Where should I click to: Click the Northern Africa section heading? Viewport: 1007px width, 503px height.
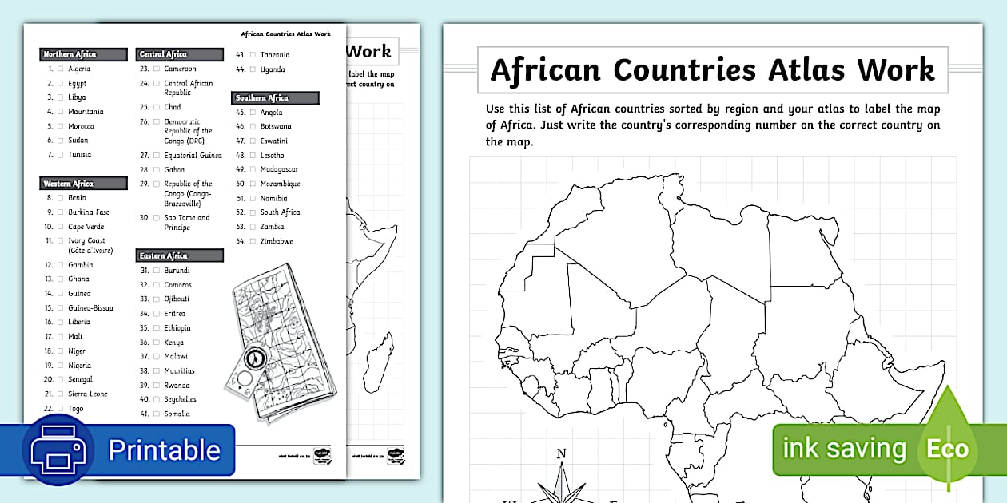70,54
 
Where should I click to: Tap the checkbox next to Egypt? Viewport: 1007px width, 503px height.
60,83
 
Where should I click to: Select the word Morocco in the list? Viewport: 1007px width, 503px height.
81,126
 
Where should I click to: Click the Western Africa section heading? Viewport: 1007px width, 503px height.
69,184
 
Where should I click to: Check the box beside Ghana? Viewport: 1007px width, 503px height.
60,279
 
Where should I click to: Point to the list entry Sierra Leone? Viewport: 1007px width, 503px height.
87,394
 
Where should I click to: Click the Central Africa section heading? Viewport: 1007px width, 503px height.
163,54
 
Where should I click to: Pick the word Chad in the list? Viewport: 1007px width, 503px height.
173,107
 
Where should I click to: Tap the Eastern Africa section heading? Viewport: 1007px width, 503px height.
164,255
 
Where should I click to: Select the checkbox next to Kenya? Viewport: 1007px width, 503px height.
156,343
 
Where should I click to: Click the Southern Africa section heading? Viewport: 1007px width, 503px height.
262,98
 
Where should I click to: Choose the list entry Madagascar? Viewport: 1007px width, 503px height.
279,169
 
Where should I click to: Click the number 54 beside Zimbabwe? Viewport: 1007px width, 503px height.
241,241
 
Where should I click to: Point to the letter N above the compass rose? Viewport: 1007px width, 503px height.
561,454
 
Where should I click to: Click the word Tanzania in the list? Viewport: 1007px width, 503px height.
275,55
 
